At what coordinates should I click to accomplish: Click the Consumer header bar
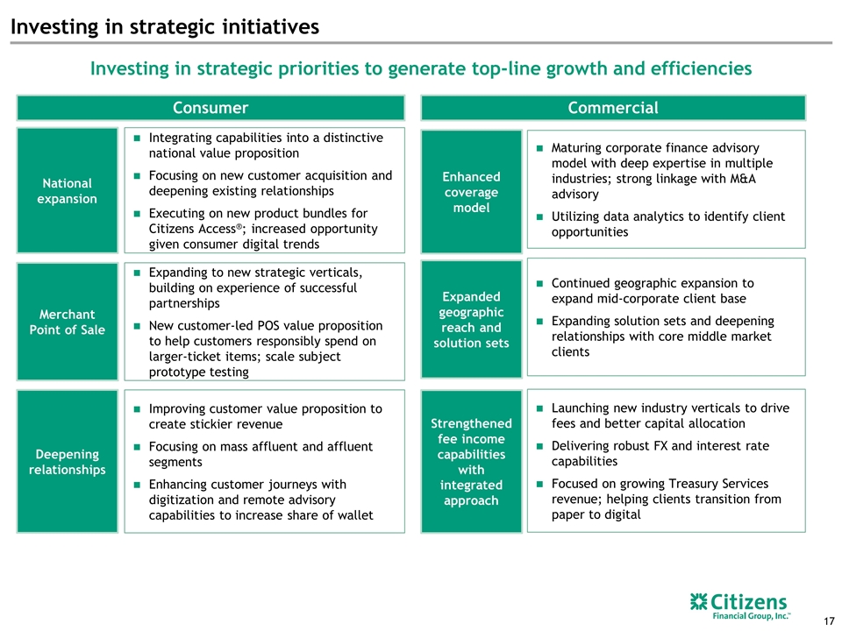210,108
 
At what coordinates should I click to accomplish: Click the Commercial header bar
613,108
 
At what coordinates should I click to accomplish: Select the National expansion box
68,190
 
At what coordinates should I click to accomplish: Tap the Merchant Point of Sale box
68,322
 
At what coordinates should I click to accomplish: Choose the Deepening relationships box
68,462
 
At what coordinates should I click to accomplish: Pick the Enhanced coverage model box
471,192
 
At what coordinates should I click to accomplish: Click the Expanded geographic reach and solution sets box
471,319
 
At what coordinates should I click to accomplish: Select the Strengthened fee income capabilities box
471,462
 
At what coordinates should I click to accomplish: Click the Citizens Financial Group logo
739,606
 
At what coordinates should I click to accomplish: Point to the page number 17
829,621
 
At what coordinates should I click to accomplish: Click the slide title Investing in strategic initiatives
165,27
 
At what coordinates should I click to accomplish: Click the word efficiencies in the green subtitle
702,68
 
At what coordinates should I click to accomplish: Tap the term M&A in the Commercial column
742,179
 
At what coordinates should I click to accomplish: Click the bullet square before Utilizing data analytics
539,216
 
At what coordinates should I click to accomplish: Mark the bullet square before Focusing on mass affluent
137,447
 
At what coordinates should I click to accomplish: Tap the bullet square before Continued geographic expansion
539,283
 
